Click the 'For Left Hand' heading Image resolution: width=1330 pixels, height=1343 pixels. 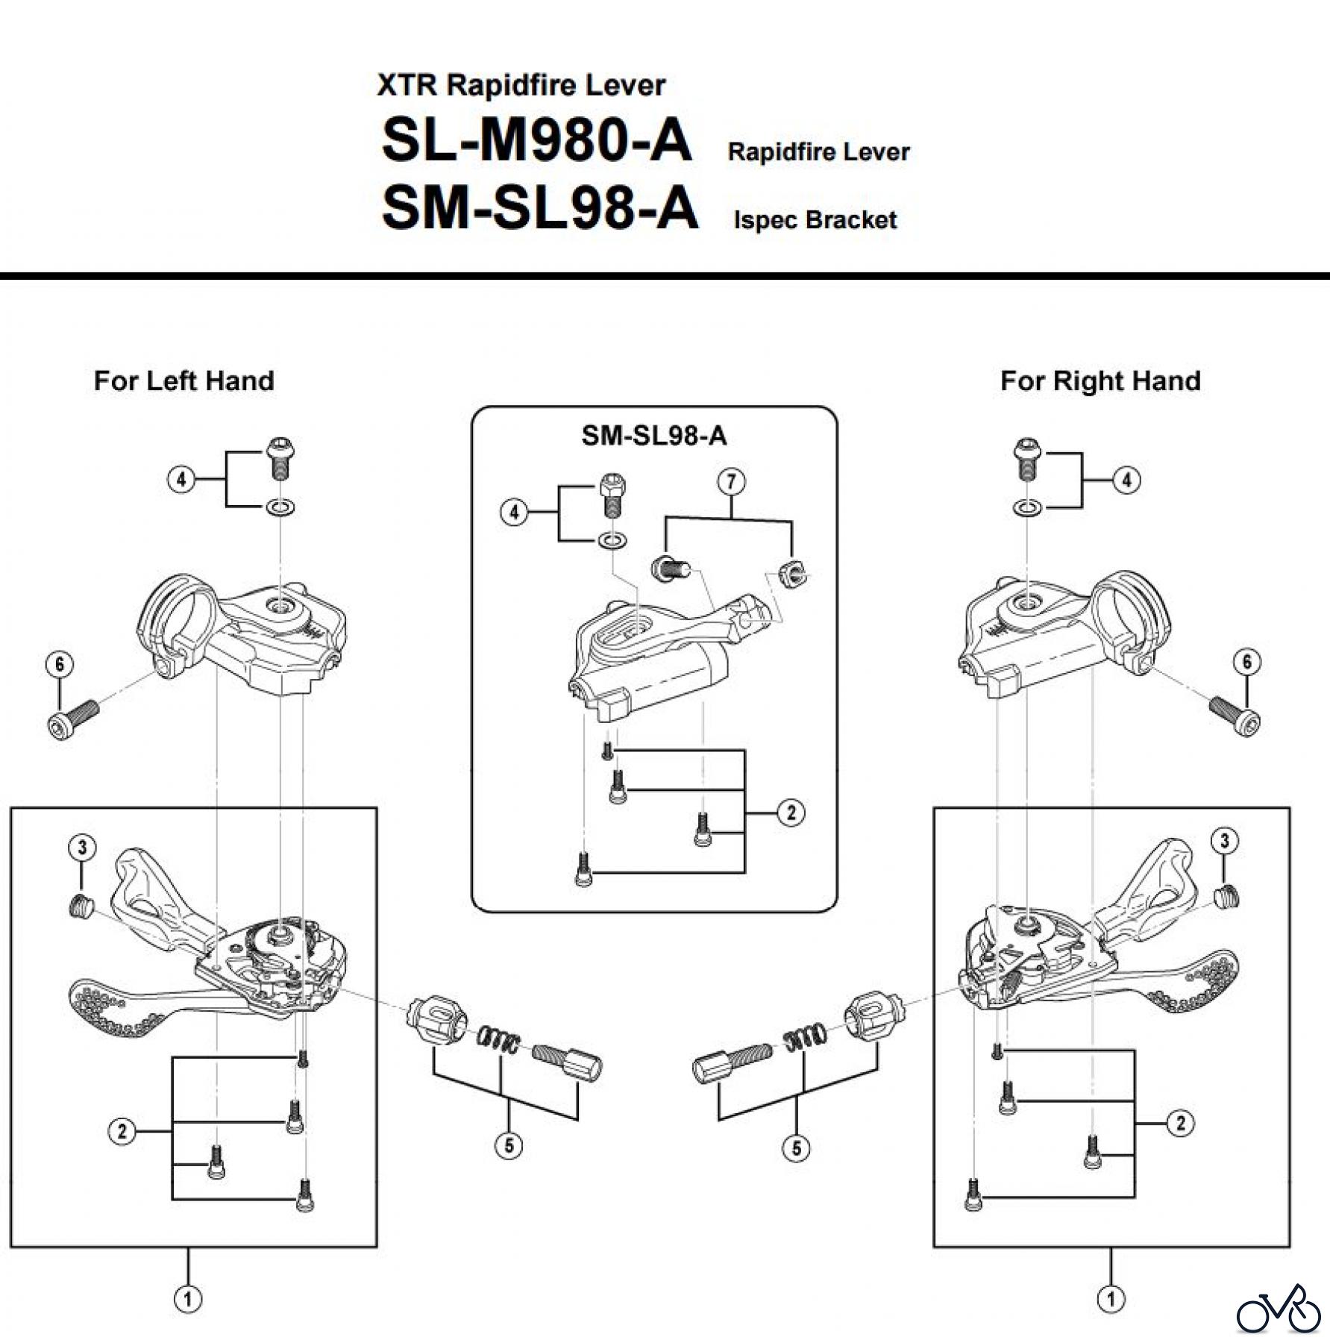coord(183,381)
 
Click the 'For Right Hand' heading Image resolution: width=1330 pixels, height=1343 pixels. coord(1100,381)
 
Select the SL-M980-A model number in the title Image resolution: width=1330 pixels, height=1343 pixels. coord(536,140)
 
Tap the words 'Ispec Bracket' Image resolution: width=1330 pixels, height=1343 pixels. coord(815,220)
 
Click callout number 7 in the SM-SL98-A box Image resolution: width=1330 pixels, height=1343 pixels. coord(731,481)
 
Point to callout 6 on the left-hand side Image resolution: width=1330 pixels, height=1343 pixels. coord(60,664)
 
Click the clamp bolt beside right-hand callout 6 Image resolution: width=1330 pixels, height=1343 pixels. coord(1235,715)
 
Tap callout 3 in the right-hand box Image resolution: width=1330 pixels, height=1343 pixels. coord(1224,841)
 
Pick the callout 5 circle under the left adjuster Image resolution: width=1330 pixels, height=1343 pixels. coord(509,1145)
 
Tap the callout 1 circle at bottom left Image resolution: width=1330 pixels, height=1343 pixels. coord(188,1299)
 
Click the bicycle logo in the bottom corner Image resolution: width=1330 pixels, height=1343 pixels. coord(1278,1309)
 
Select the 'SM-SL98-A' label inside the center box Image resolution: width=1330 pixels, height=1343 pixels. coord(653,436)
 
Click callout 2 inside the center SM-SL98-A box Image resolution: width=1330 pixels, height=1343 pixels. coord(791,812)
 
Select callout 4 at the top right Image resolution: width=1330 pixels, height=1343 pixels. coord(1126,480)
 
